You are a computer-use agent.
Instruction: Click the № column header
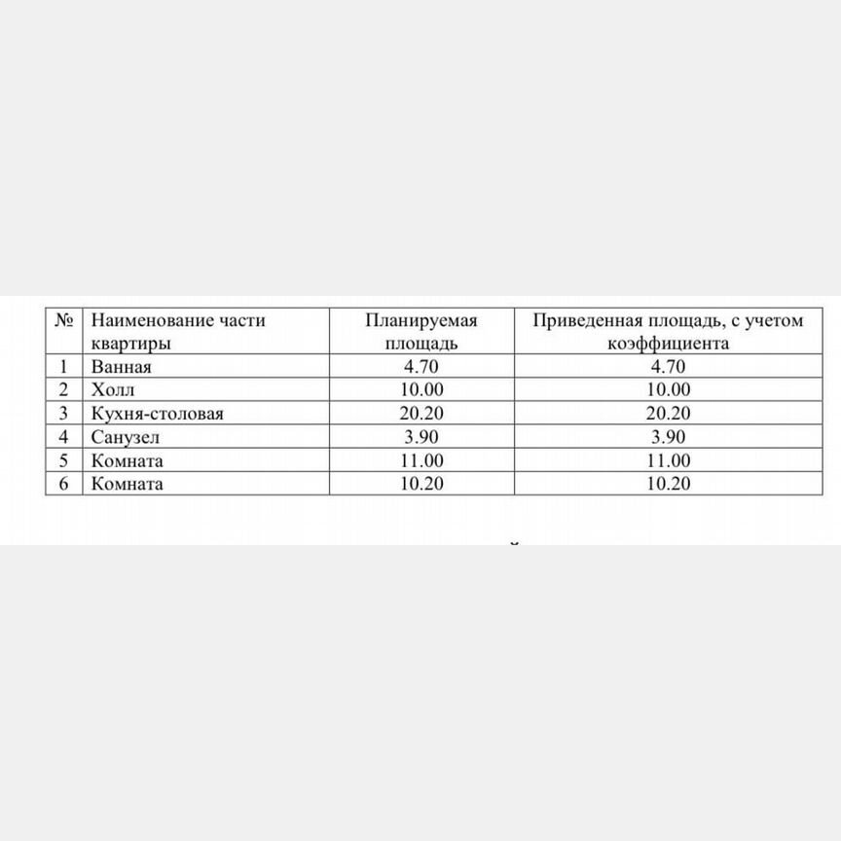(x=63, y=320)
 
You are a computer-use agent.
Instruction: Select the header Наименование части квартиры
(x=177, y=332)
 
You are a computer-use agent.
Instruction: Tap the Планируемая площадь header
(x=421, y=332)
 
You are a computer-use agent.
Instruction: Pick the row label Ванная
(x=122, y=367)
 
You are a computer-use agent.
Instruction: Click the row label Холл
(x=113, y=390)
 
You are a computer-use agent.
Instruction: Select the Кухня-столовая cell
(x=157, y=414)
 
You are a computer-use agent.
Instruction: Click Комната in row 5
(x=127, y=460)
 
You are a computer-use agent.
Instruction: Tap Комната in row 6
(x=127, y=484)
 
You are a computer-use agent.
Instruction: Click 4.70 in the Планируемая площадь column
(x=421, y=367)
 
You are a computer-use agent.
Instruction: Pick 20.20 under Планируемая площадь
(x=421, y=414)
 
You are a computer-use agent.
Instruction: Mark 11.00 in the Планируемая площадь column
(x=421, y=460)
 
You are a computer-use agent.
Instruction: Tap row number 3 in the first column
(x=63, y=414)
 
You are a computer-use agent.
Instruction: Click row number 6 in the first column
(x=63, y=484)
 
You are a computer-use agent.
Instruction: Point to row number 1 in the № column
(x=63, y=367)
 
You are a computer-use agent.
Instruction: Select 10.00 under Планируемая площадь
(x=421, y=390)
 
